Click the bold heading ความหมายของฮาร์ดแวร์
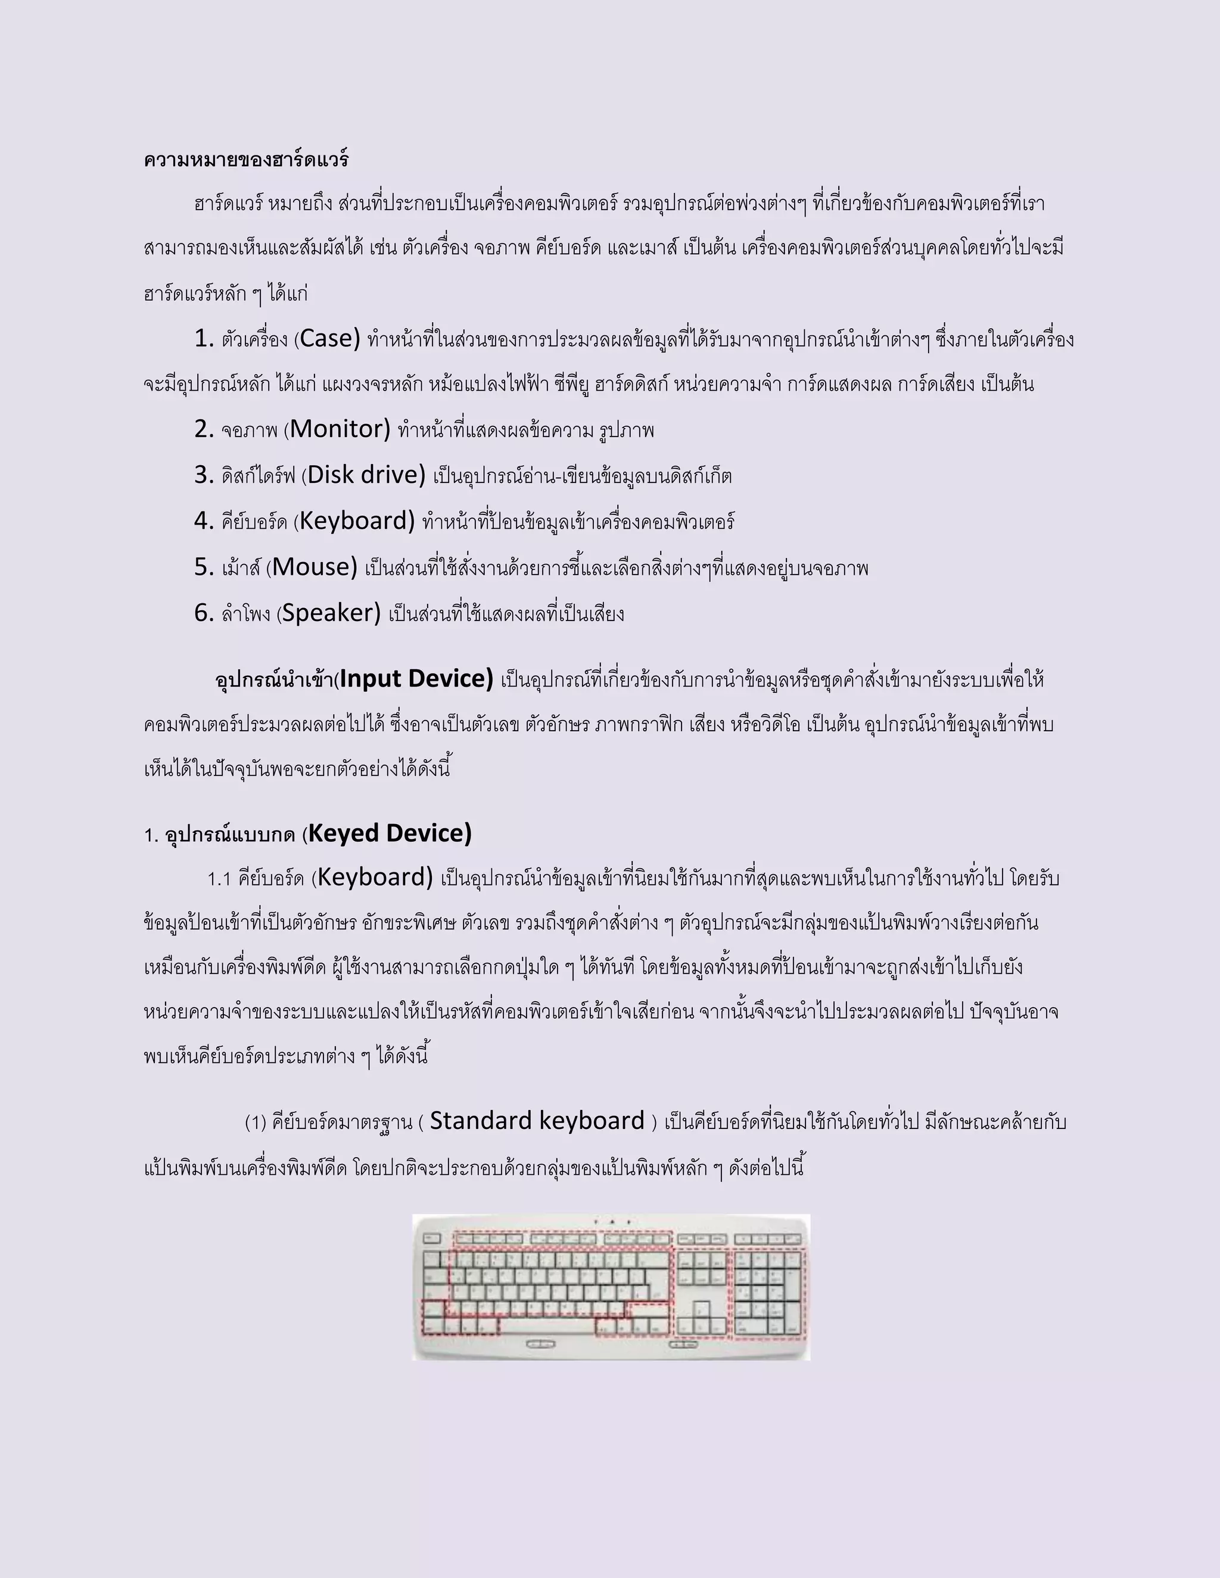click(246, 160)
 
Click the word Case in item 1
click(329, 338)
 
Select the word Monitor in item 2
click(340, 429)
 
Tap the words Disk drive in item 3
click(366, 475)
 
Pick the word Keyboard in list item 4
click(357, 521)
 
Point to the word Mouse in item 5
click(315, 567)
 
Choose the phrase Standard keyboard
click(537, 1121)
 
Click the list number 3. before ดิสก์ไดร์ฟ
click(204, 475)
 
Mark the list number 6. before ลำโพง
click(204, 613)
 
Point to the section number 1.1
click(219, 880)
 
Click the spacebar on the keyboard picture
click(547, 1327)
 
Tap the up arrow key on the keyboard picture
click(701, 1308)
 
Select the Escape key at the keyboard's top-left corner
click(431, 1239)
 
